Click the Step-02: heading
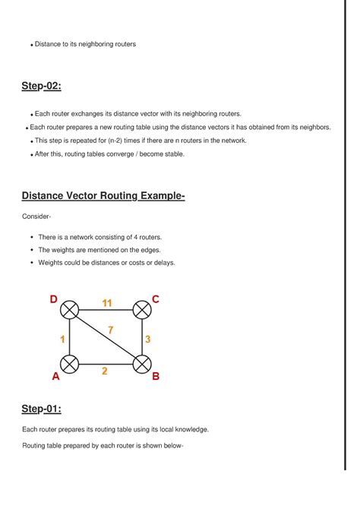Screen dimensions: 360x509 41,86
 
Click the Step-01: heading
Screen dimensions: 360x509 41,409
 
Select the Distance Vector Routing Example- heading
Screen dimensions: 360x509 103,197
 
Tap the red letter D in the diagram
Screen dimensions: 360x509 54,300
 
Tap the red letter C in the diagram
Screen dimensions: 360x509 156,299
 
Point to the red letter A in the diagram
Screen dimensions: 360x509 55,376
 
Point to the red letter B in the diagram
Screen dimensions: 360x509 156,375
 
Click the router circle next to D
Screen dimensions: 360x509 70,310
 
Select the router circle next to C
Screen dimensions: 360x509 142,310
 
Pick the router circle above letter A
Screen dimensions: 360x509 70,364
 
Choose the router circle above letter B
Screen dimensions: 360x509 142,364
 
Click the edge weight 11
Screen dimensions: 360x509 107,303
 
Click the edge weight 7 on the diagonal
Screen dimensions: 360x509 111,330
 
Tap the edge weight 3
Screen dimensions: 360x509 148,339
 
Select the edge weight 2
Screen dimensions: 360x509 105,371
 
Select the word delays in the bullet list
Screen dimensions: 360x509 163,263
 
